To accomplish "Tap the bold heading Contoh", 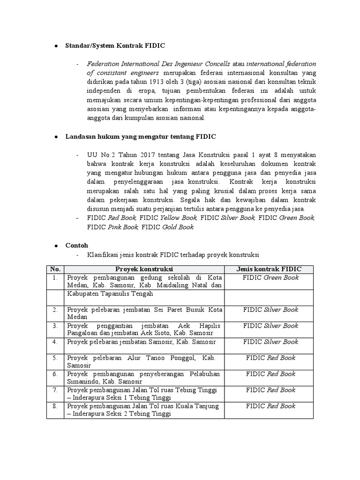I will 76,245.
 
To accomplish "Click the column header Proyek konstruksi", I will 144,269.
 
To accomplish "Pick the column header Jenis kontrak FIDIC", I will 270,269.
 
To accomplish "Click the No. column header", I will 55,269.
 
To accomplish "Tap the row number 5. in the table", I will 55,358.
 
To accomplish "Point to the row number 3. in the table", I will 55,325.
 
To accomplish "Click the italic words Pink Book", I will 123,227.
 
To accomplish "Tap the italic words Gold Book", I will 178,227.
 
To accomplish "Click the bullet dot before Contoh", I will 55,246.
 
